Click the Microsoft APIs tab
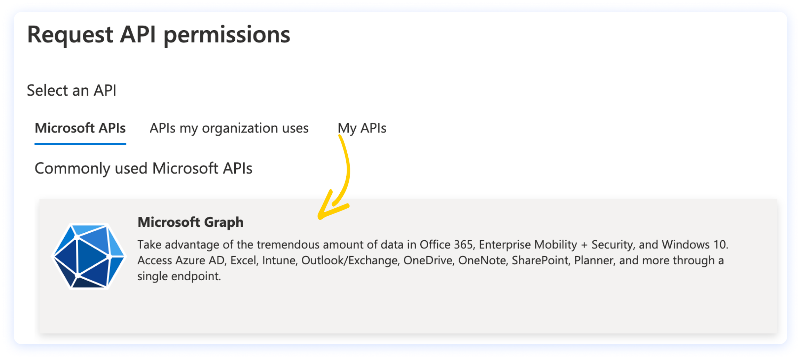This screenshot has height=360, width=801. click(x=80, y=128)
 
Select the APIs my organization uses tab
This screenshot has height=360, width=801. click(x=229, y=128)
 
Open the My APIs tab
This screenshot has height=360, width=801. click(x=362, y=128)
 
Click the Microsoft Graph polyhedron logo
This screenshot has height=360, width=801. click(x=89, y=256)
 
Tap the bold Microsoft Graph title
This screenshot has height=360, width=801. click(x=191, y=222)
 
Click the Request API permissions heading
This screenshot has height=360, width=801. click(x=159, y=35)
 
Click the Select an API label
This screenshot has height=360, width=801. click(x=72, y=90)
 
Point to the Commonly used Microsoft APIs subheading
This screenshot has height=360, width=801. click(x=143, y=168)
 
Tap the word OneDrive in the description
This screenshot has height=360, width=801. click(x=427, y=260)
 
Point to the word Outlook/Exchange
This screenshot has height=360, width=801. click(x=349, y=260)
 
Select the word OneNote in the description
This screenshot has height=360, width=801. click(x=482, y=260)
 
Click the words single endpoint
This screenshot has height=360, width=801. click(x=179, y=276)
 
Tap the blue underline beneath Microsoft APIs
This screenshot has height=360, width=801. click(x=80, y=143)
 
